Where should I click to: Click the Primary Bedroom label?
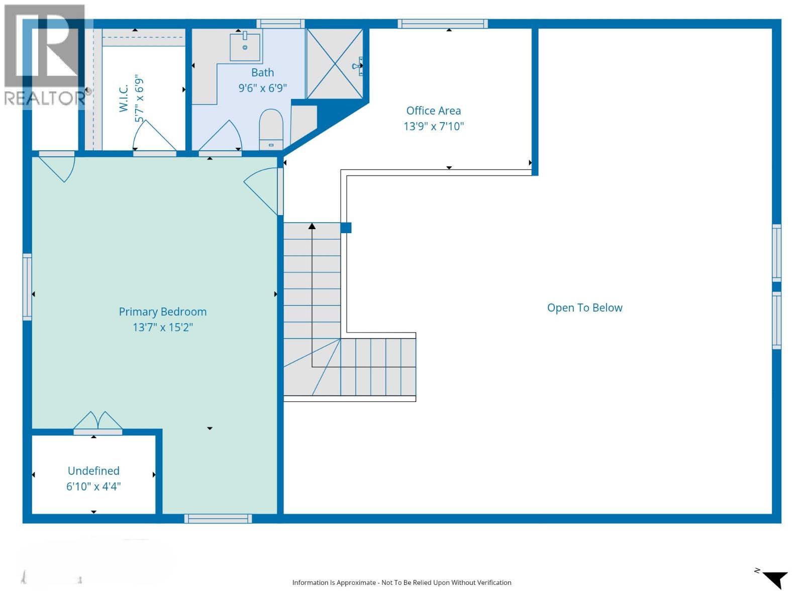point(162,312)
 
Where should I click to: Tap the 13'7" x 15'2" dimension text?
point(162,327)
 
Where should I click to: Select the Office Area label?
point(433,111)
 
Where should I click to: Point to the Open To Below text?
point(584,308)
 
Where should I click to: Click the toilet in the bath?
point(271,128)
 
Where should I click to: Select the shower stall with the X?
point(335,63)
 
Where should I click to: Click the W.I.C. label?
point(124,98)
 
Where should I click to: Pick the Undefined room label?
point(93,471)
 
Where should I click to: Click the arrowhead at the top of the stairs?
point(312,227)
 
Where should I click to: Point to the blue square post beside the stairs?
point(346,228)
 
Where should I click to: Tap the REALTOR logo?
point(44,55)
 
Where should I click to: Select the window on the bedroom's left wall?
point(27,287)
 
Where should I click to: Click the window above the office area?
point(443,24)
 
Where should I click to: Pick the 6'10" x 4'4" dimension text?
point(93,486)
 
